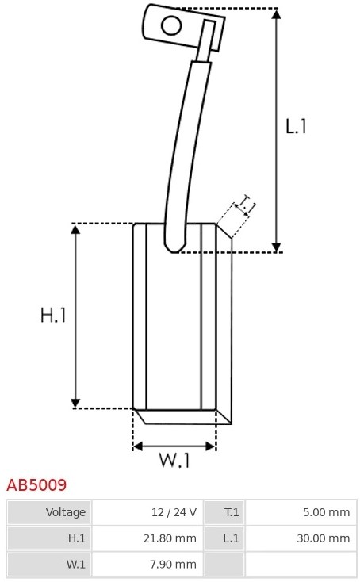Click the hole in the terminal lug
tap(171, 25)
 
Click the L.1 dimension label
tap(296, 127)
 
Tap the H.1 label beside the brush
tap(53, 316)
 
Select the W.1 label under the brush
tap(174, 460)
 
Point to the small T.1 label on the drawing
tap(246, 204)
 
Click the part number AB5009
tap(36, 485)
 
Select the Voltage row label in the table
tap(66, 512)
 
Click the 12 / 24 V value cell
tap(174, 512)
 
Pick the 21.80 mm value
tap(170, 538)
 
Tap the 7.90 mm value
tap(173, 565)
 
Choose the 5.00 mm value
tap(326, 512)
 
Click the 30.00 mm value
tap(324, 538)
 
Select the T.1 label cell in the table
tap(232, 512)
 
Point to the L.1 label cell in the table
tap(231, 538)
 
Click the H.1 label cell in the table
tap(77, 538)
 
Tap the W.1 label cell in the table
tap(75, 565)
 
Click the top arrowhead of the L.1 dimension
tap(276, 13)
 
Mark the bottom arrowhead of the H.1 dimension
tap(75, 404)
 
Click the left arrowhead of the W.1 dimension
tap(138, 446)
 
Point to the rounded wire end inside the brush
tap(174, 247)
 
